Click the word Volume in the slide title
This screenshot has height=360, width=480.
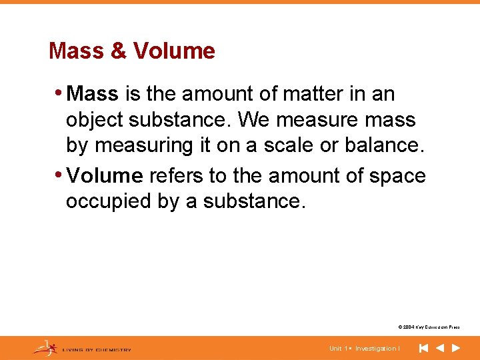[x=174, y=51]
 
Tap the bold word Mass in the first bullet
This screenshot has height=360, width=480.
[x=93, y=93]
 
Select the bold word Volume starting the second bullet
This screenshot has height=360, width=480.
[x=105, y=175]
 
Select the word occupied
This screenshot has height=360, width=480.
[x=107, y=202]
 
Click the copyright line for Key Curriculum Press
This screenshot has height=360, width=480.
[x=429, y=327]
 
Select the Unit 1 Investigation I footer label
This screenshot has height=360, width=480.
[x=365, y=349]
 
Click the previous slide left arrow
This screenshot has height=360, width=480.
[x=440, y=348]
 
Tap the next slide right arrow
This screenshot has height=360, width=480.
[x=456, y=348]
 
